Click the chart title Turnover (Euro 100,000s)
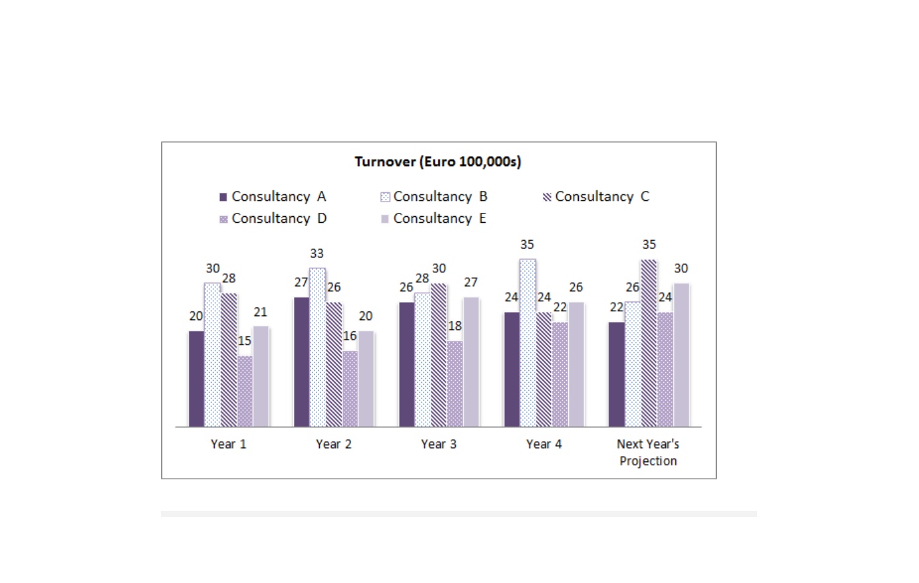[438, 162]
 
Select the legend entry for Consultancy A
[273, 197]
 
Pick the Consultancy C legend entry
[596, 197]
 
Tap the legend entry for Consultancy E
[433, 218]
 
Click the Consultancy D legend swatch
[223, 219]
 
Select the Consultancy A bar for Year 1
[196, 379]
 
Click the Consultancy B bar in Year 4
[528, 343]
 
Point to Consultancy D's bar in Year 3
[455, 384]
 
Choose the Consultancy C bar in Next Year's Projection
[649, 343]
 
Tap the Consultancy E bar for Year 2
[366, 379]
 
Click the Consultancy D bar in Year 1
[245, 391]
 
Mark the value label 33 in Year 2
[316, 254]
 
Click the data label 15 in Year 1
[244, 341]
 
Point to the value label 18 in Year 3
[455, 326]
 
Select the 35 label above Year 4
[527, 245]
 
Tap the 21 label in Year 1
[260, 313]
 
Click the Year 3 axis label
[439, 444]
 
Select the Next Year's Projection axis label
[648, 452]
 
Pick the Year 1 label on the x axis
[229, 444]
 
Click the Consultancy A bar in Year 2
[301, 362]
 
